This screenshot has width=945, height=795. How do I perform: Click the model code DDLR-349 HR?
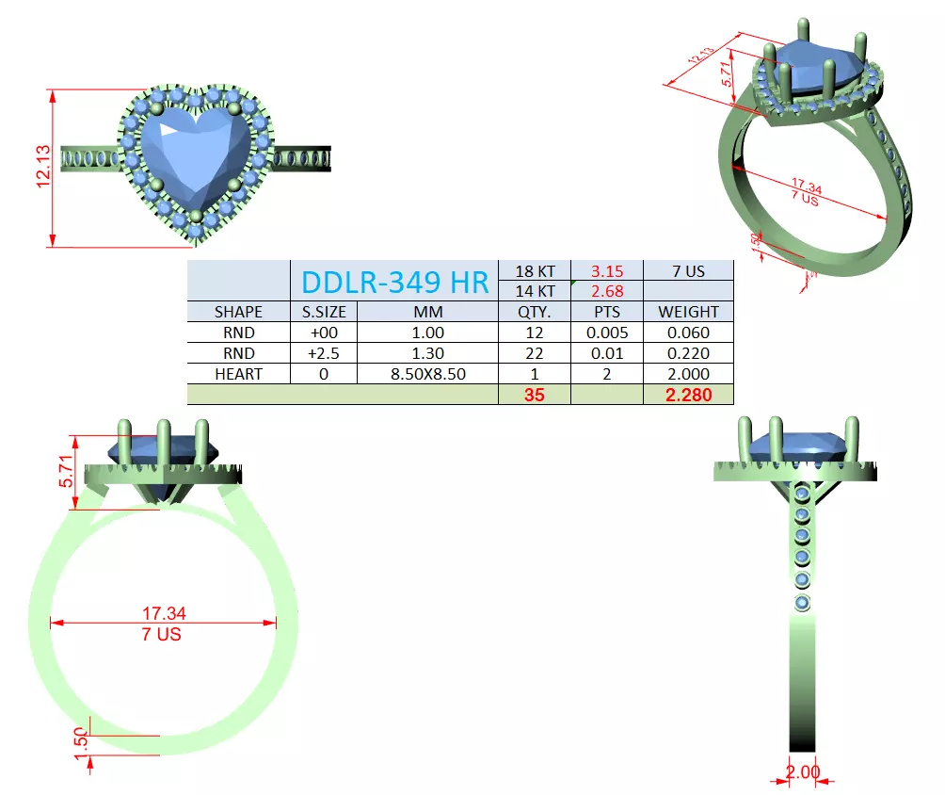pos(393,281)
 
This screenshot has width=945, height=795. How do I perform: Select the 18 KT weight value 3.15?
pos(607,271)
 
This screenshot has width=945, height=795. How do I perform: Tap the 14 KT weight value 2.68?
pos(607,291)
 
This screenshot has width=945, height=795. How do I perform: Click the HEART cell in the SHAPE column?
pos(239,374)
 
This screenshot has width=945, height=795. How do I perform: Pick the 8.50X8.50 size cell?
pos(428,374)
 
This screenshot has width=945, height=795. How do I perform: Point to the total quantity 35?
pos(534,395)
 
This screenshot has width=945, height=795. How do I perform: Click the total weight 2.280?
pos(688,395)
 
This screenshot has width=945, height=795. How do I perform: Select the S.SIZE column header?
pos(324,312)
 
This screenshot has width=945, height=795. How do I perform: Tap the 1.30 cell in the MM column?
pos(428,353)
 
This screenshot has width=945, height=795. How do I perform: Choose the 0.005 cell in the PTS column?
pos(607,333)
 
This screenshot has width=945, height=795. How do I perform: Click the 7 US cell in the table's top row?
pos(688,271)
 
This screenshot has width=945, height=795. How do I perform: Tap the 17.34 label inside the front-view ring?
pos(162,613)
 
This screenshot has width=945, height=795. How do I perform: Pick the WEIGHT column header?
pos(688,312)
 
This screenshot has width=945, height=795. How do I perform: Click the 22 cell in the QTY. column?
pos(534,353)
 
